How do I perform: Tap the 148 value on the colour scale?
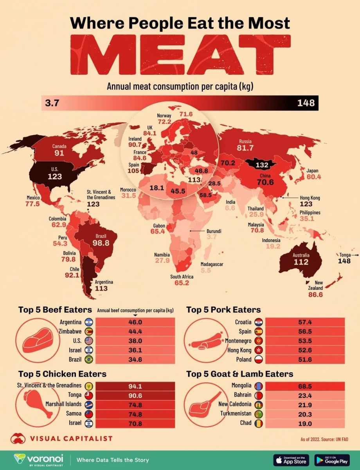306,103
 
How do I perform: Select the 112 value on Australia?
301,262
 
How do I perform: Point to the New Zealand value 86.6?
315,295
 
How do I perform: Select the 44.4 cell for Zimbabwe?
135,331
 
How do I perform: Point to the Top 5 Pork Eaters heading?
223,310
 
